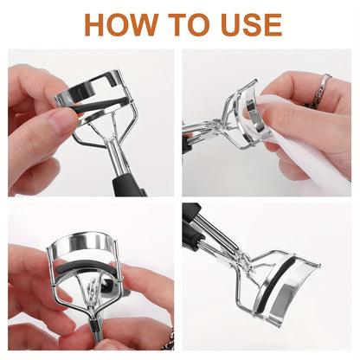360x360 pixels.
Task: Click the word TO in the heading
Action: tap(189, 24)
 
